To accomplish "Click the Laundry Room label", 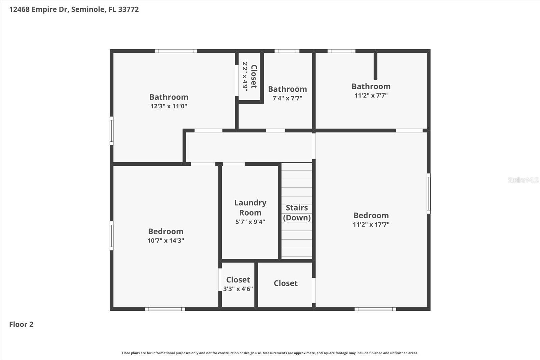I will (250, 207).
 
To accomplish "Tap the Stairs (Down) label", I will (297, 213).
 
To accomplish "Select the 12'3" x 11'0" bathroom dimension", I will (169, 106).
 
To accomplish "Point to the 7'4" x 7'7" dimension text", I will (287, 98).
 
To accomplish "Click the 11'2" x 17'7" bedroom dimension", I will (371, 225).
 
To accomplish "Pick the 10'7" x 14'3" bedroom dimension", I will (165, 241).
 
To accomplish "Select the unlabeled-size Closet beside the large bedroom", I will (286, 283).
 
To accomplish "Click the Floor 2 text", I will (21, 325).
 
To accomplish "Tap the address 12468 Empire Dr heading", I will (74, 9).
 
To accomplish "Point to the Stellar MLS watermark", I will (523, 180).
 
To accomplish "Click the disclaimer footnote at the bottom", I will (270, 353).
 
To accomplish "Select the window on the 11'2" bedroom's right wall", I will (429, 193).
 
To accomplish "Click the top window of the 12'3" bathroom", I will (175, 51).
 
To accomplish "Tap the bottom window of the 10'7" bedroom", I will (165, 309).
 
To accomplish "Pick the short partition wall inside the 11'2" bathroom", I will (375, 66).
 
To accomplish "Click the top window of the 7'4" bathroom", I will (287, 51).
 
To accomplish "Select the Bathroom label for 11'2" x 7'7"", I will (371, 86).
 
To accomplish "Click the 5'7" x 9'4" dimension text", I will (250, 222).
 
